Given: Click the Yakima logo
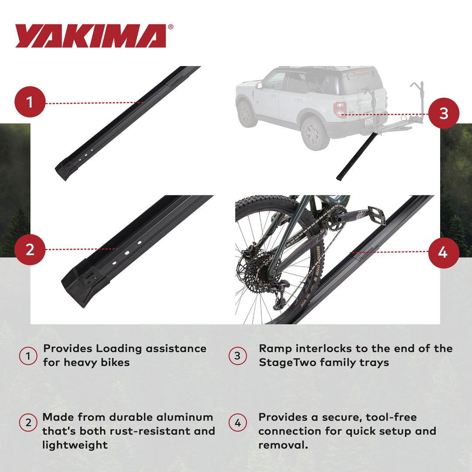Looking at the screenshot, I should point(91,36).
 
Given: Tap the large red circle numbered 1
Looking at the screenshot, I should point(30,103).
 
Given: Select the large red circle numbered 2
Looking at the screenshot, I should point(30,250).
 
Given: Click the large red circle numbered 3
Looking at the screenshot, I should point(443,113).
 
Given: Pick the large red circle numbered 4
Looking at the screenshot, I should point(443,252).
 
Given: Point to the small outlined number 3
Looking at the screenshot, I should point(237,356).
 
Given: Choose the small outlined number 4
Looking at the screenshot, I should point(237,423).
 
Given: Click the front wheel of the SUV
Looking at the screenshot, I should point(247,114).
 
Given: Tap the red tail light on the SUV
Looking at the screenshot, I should point(340,110).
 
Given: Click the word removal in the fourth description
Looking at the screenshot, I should point(284,445).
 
